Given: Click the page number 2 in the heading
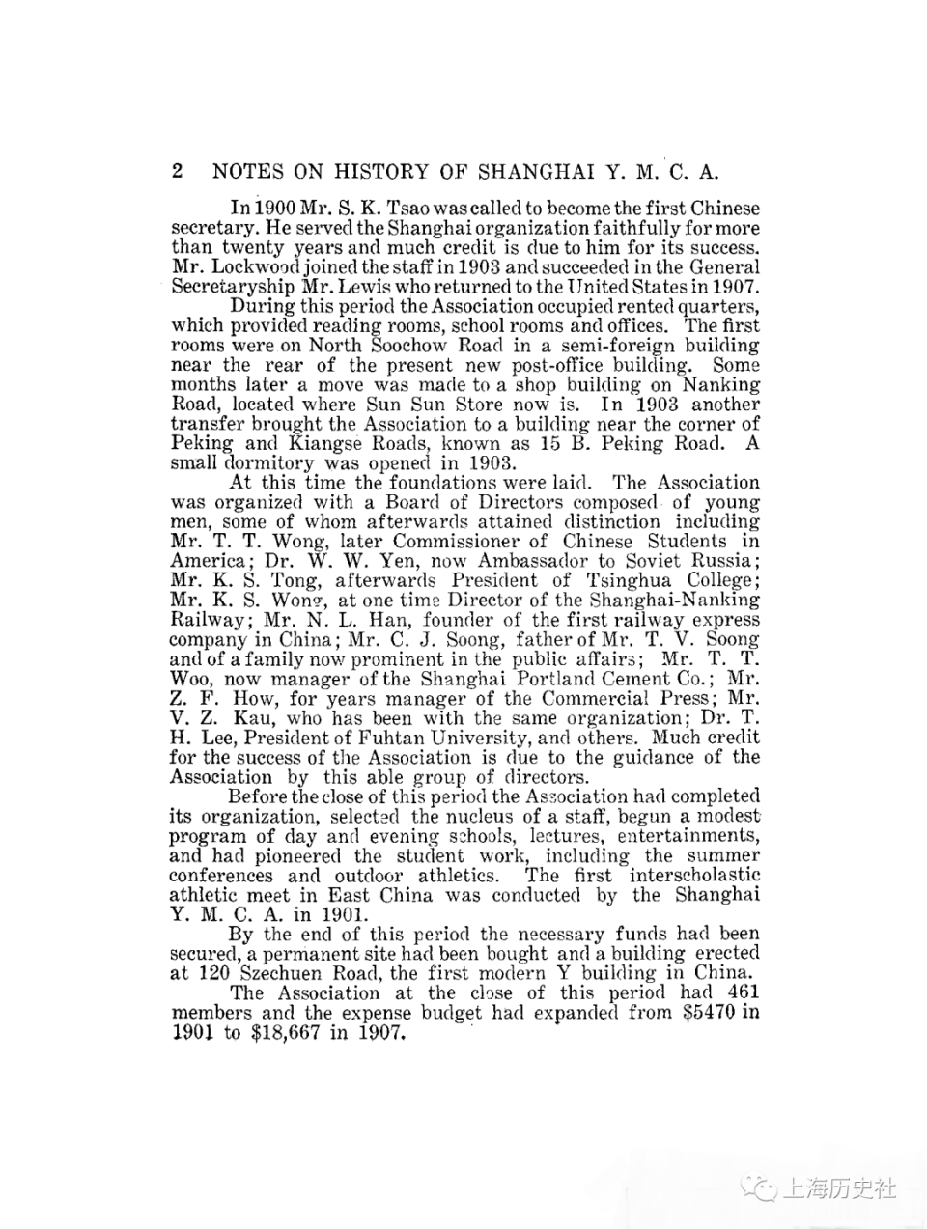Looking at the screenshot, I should click(x=178, y=172).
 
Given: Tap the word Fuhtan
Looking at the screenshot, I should click(x=412, y=738).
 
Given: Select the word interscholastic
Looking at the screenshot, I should click(x=694, y=876).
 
